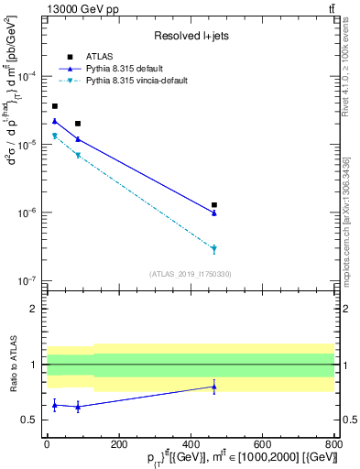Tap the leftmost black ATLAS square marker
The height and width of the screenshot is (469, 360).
55,106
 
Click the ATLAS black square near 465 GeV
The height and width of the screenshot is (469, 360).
214,205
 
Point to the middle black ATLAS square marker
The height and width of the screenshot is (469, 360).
78,124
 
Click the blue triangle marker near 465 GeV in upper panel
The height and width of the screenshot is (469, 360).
214,213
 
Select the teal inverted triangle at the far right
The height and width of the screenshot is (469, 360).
214,249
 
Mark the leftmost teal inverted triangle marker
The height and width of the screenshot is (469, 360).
55,136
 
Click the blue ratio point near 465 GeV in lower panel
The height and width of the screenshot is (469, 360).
214,387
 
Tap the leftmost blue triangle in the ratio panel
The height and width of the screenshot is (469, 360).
55,405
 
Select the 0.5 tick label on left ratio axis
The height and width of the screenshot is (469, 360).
30,420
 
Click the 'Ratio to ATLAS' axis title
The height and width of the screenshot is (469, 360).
12,365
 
